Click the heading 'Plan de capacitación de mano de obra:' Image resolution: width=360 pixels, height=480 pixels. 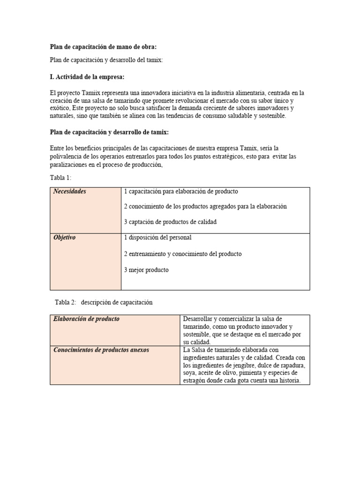pos(103,47)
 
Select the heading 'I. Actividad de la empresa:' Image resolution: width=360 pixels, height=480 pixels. pos(87,76)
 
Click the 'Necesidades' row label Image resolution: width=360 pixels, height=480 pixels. pos(70,192)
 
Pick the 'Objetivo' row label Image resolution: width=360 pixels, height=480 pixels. pos(65,238)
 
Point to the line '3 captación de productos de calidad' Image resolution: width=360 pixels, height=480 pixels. pos(170,222)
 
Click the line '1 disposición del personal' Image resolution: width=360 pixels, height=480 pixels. pos(158,238)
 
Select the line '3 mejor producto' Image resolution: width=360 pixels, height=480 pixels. pos(146,270)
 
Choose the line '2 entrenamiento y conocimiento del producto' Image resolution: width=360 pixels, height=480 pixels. pos(183,254)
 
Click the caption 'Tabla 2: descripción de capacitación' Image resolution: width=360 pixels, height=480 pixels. pos(103,303)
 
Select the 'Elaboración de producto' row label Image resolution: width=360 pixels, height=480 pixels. pos(87,319)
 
